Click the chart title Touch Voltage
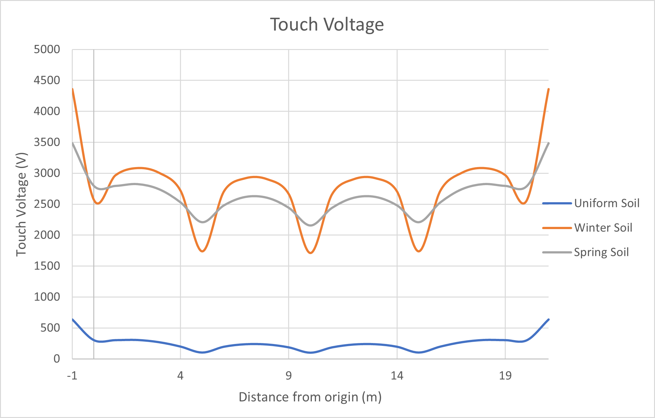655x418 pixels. click(x=327, y=24)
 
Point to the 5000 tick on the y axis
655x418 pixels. click(x=47, y=49)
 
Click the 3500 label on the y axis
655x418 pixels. click(x=47, y=142)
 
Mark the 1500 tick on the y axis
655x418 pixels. click(x=47, y=266)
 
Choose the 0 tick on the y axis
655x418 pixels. click(x=57, y=359)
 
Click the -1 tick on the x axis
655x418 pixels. click(x=72, y=376)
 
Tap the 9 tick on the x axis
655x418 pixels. click(x=288, y=376)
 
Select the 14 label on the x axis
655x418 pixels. click(x=397, y=376)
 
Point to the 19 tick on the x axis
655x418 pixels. click(x=505, y=376)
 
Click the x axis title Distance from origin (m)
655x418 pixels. click(x=310, y=397)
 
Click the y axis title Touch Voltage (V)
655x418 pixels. click(x=22, y=204)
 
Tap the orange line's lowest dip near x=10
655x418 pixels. click(x=311, y=253)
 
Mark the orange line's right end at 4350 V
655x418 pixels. click(x=548, y=89)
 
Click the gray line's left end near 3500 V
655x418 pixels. click(x=72, y=143)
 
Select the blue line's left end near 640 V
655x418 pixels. click(x=72, y=319)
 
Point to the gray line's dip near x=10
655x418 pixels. click(x=311, y=225)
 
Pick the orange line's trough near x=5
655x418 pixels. click(x=202, y=251)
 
